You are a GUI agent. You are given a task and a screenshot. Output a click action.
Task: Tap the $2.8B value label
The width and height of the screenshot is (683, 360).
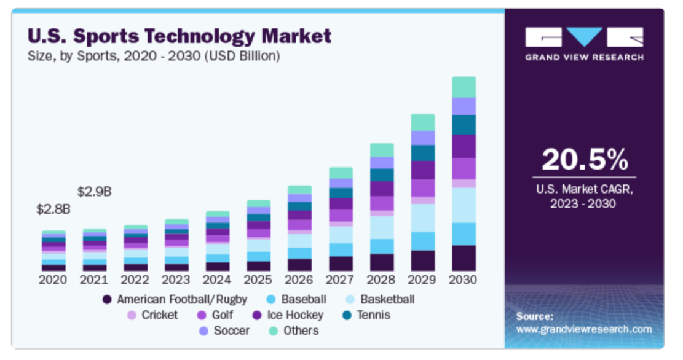pyautogui.click(x=53, y=209)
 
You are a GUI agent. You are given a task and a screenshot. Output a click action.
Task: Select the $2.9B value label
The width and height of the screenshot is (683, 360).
pyautogui.click(x=94, y=191)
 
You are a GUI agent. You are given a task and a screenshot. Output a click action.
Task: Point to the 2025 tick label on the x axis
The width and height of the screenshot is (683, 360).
pyautogui.click(x=258, y=280)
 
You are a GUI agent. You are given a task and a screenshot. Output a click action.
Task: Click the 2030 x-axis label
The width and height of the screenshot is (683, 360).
pyautogui.click(x=464, y=280)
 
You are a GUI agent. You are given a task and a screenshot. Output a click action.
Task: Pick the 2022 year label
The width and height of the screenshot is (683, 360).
pyautogui.click(x=135, y=280)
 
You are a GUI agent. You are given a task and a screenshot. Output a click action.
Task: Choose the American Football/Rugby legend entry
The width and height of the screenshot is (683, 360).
pyautogui.click(x=175, y=300)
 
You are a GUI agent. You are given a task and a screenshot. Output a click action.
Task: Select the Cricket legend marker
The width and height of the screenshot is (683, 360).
pyautogui.click(x=132, y=316)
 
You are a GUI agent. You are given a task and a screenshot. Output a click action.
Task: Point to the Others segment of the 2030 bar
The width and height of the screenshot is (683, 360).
pyautogui.click(x=464, y=87)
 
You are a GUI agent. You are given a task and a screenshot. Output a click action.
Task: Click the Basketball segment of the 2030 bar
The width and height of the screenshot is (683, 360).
pyautogui.click(x=464, y=205)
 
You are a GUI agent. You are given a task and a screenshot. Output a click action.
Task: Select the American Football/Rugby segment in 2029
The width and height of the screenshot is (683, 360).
pyautogui.click(x=422, y=260)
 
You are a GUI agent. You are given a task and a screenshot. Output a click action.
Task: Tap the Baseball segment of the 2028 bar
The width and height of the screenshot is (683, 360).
pyautogui.click(x=381, y=246)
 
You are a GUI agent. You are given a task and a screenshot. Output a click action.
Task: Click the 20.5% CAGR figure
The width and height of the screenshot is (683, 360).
pyautogui.click(x=584, y=160)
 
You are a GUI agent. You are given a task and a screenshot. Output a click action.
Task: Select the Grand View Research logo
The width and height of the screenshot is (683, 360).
pyautogui.click(x=584, y=43)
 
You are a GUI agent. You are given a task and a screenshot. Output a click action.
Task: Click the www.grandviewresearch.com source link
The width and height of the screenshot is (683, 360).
pyautogui.click(x=583, y=329)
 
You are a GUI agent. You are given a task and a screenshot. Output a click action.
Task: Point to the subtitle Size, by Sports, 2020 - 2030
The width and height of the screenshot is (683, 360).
pyautogui.click(x=154, y=56)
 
